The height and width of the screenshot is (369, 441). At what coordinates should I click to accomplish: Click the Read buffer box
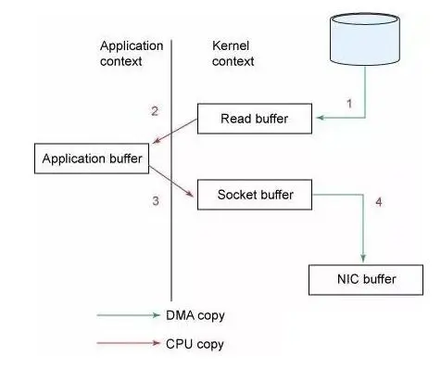click(256, 119)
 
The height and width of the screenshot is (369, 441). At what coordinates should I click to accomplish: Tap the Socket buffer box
click(256, 195)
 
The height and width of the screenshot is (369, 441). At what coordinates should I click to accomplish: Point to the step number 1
click(348, 104)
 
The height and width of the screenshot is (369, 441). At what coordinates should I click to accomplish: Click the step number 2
click(155, 111)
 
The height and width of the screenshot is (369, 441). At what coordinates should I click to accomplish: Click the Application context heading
click(132, 53)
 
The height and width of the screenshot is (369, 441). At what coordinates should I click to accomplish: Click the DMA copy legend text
click(195, 315)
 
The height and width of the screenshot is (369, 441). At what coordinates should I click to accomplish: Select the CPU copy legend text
click(195, 344)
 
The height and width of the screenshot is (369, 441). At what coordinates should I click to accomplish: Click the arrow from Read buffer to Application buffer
click(176, 134)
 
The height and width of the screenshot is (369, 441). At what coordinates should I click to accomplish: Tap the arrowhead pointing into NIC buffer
click(362, 259)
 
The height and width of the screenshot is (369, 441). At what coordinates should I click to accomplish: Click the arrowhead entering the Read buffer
click(321, 119)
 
